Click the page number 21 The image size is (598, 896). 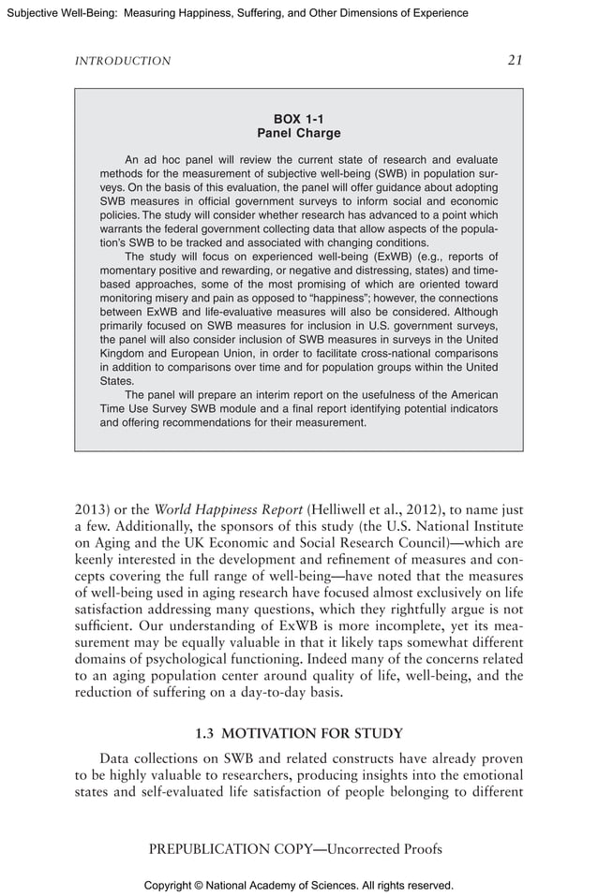click(515, 60)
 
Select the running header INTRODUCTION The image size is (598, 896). click(122, 61)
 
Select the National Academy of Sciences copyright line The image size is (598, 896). click(298, 885)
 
